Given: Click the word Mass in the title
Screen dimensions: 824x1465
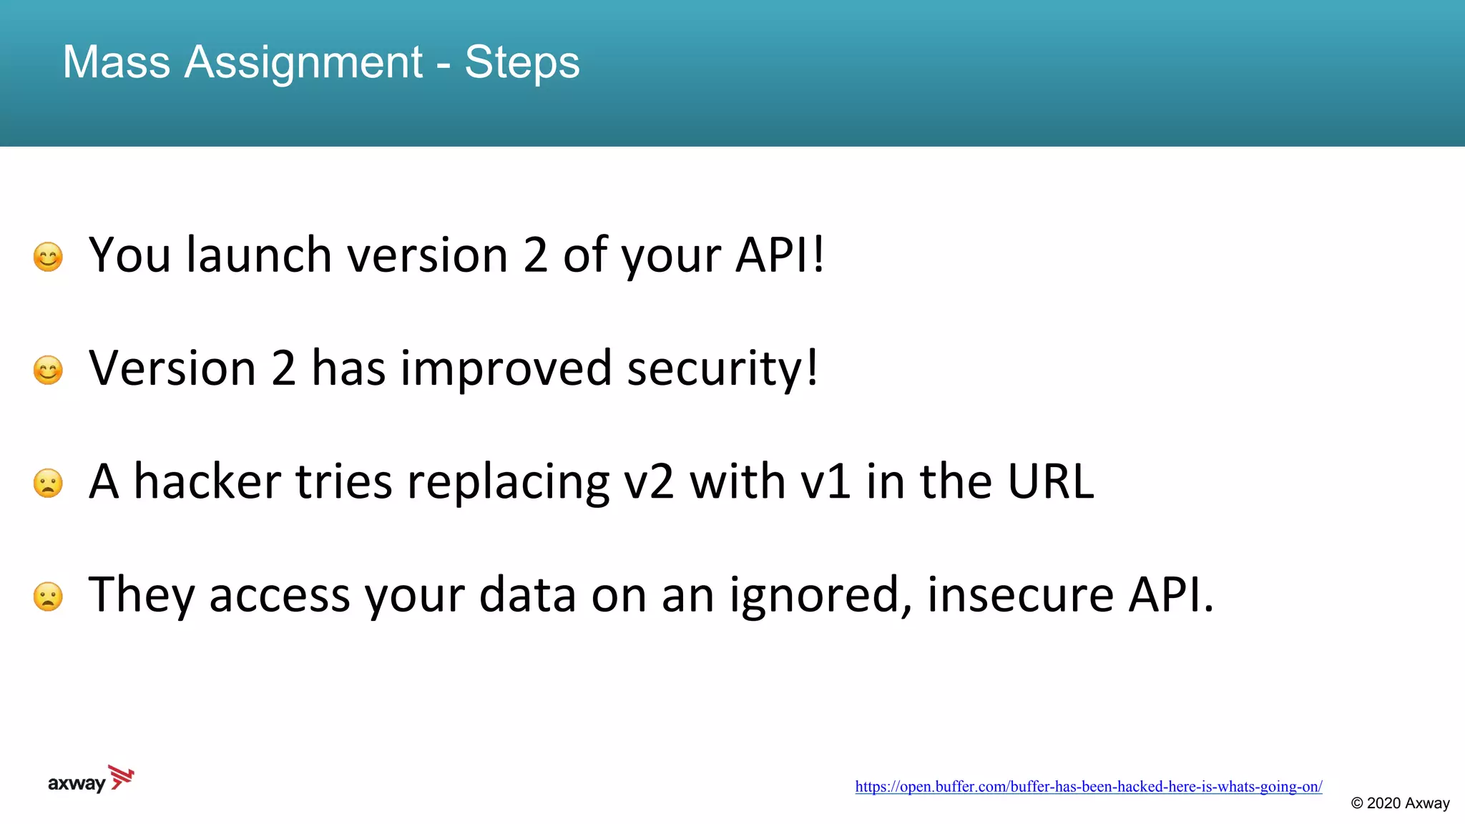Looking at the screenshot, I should click(x=117, y=62).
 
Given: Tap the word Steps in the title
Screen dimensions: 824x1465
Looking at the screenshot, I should click(x=521, y=62).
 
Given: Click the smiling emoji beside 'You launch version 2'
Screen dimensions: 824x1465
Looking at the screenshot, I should click(x=48, y=257).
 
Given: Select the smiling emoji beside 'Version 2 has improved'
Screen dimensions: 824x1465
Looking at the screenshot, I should click(x=48, y=370).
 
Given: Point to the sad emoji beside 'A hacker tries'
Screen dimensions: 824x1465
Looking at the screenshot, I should click(x=48, y=483).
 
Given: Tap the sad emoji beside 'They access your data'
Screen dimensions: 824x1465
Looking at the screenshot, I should click(x=48, y=596).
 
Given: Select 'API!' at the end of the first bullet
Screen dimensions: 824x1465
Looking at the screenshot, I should click(x=780, y=255).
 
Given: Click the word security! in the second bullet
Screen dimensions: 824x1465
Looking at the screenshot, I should click(x=722, y=369).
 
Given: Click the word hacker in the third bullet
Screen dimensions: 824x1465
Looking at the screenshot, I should click(x=207, y=481).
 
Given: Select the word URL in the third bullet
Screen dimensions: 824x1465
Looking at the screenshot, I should click(x=1050, y=481).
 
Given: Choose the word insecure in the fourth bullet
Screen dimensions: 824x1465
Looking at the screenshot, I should click(x=1020, y=595).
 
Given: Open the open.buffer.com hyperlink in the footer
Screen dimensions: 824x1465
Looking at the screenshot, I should click(x=1088, y=787).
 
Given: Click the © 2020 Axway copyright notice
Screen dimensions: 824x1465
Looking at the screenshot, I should click(x=1400, y=803).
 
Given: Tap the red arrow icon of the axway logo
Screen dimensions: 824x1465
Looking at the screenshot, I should click(x=122, y=778).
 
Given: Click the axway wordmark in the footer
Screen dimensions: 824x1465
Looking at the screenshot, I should click(x=77, y=784).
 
